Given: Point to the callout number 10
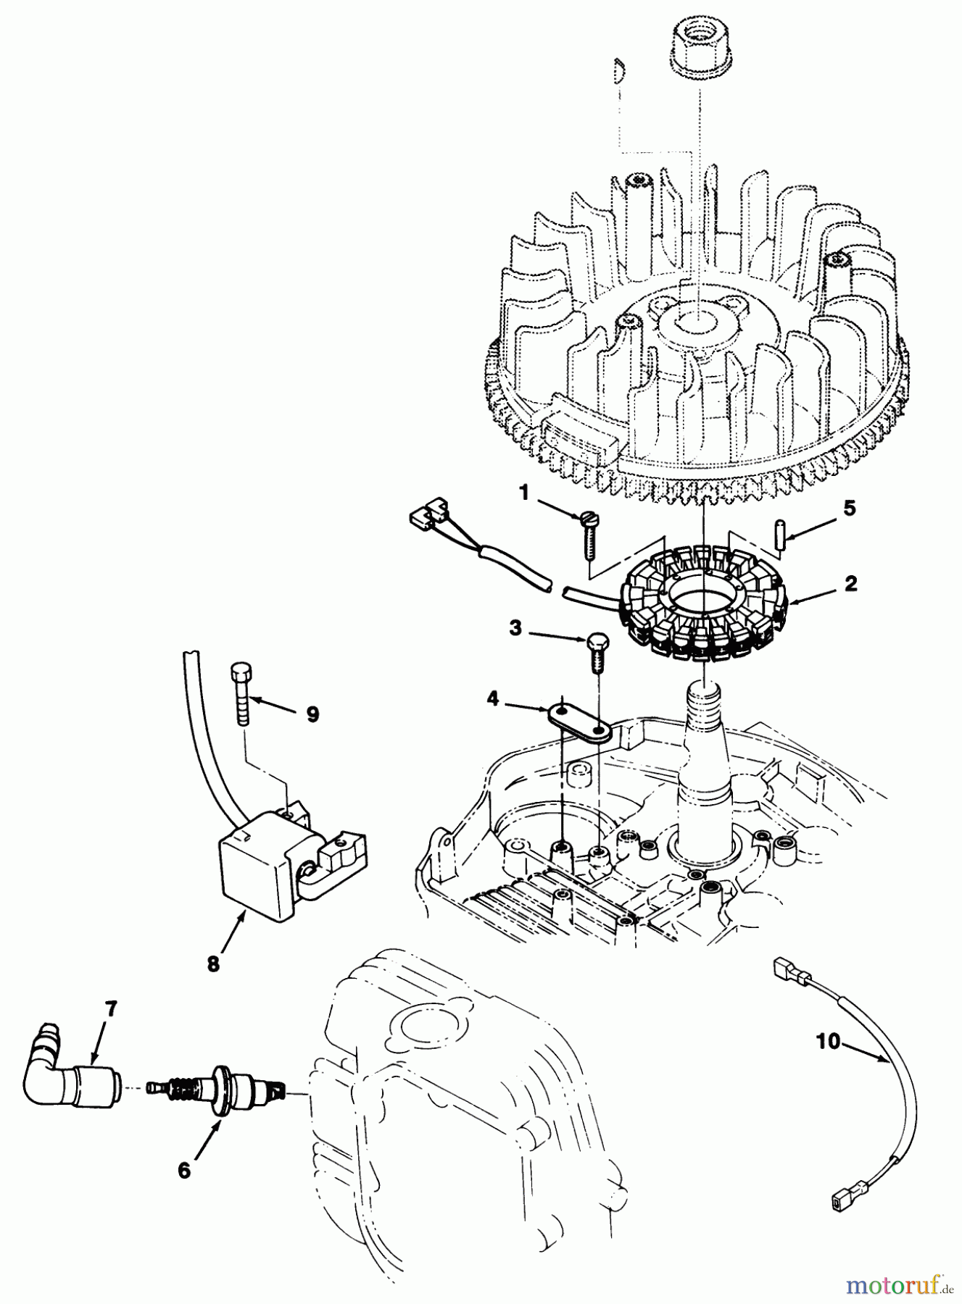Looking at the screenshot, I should coord(827,1042).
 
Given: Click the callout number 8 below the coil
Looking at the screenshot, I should coord(213,964).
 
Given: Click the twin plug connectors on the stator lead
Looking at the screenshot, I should coord(429,517).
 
